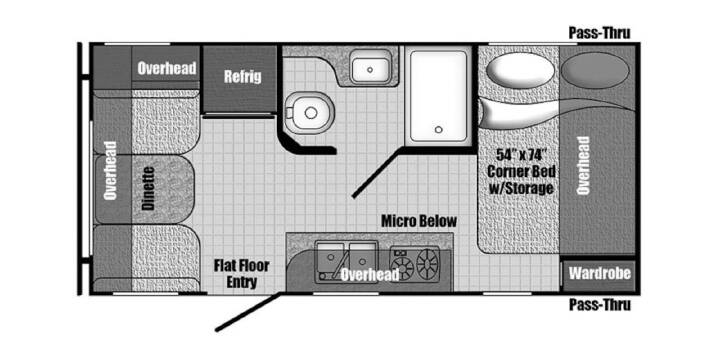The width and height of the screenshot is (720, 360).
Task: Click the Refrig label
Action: pos(242,76)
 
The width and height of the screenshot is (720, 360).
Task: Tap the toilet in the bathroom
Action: pos(308,112)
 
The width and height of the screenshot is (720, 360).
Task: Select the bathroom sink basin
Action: pos(370,69)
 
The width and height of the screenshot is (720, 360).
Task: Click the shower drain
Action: pos(439,129)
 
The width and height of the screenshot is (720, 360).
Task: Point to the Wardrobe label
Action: pos(599,274)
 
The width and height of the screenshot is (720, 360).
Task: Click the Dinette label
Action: pos(148,188)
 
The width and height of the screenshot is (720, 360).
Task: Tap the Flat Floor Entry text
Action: pos(242,274)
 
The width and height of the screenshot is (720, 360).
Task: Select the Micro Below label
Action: pos(419,221)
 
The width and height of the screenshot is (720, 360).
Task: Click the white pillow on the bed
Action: pos(520,70)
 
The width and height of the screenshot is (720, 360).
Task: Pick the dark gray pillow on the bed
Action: pos(596,70)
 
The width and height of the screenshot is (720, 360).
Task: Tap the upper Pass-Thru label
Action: pos(600,33)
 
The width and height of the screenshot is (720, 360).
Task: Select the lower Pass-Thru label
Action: pos(600,304)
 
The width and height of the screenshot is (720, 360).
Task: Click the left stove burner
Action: pos(401,266)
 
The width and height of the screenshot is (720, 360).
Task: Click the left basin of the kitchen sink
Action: pos(330,260)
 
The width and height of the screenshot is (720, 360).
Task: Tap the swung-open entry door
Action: pos(248,311)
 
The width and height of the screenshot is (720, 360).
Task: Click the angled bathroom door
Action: pos(378,173)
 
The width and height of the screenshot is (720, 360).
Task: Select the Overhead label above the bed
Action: pos(584,165)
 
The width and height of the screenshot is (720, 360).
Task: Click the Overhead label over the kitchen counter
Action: pos(370,275)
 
